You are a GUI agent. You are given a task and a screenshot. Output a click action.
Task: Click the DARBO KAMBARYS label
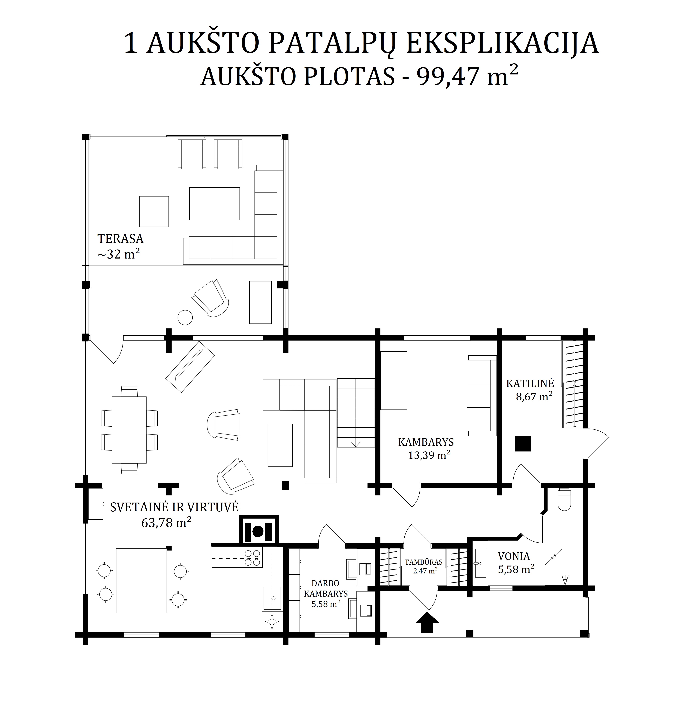tap(326, 588)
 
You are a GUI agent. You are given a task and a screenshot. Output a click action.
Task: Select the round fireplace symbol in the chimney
tap(258, 531)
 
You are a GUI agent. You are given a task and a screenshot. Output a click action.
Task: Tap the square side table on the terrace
tap(154, 212)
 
